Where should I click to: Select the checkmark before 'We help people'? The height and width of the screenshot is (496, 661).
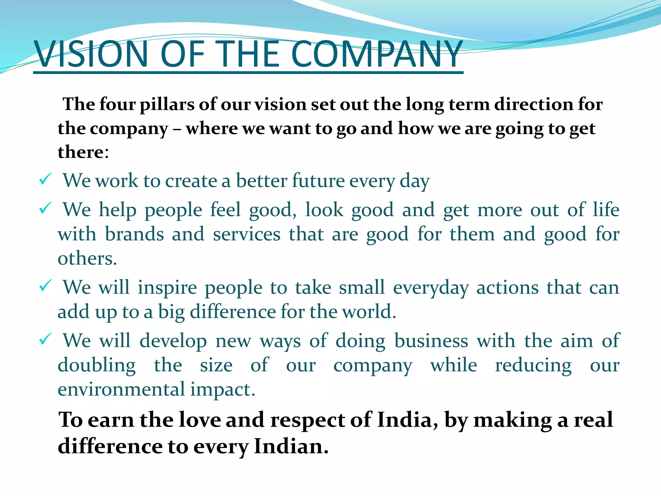coord(45,208)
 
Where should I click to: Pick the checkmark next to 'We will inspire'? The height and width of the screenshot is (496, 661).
coord(45,286)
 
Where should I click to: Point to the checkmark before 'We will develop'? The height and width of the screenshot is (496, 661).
coord(45,339)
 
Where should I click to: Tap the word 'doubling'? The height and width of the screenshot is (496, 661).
coord(97,366)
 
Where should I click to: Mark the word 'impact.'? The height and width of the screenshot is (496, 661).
coord(223,390)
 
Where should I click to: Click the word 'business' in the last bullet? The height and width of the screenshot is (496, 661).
coord(431,341)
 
